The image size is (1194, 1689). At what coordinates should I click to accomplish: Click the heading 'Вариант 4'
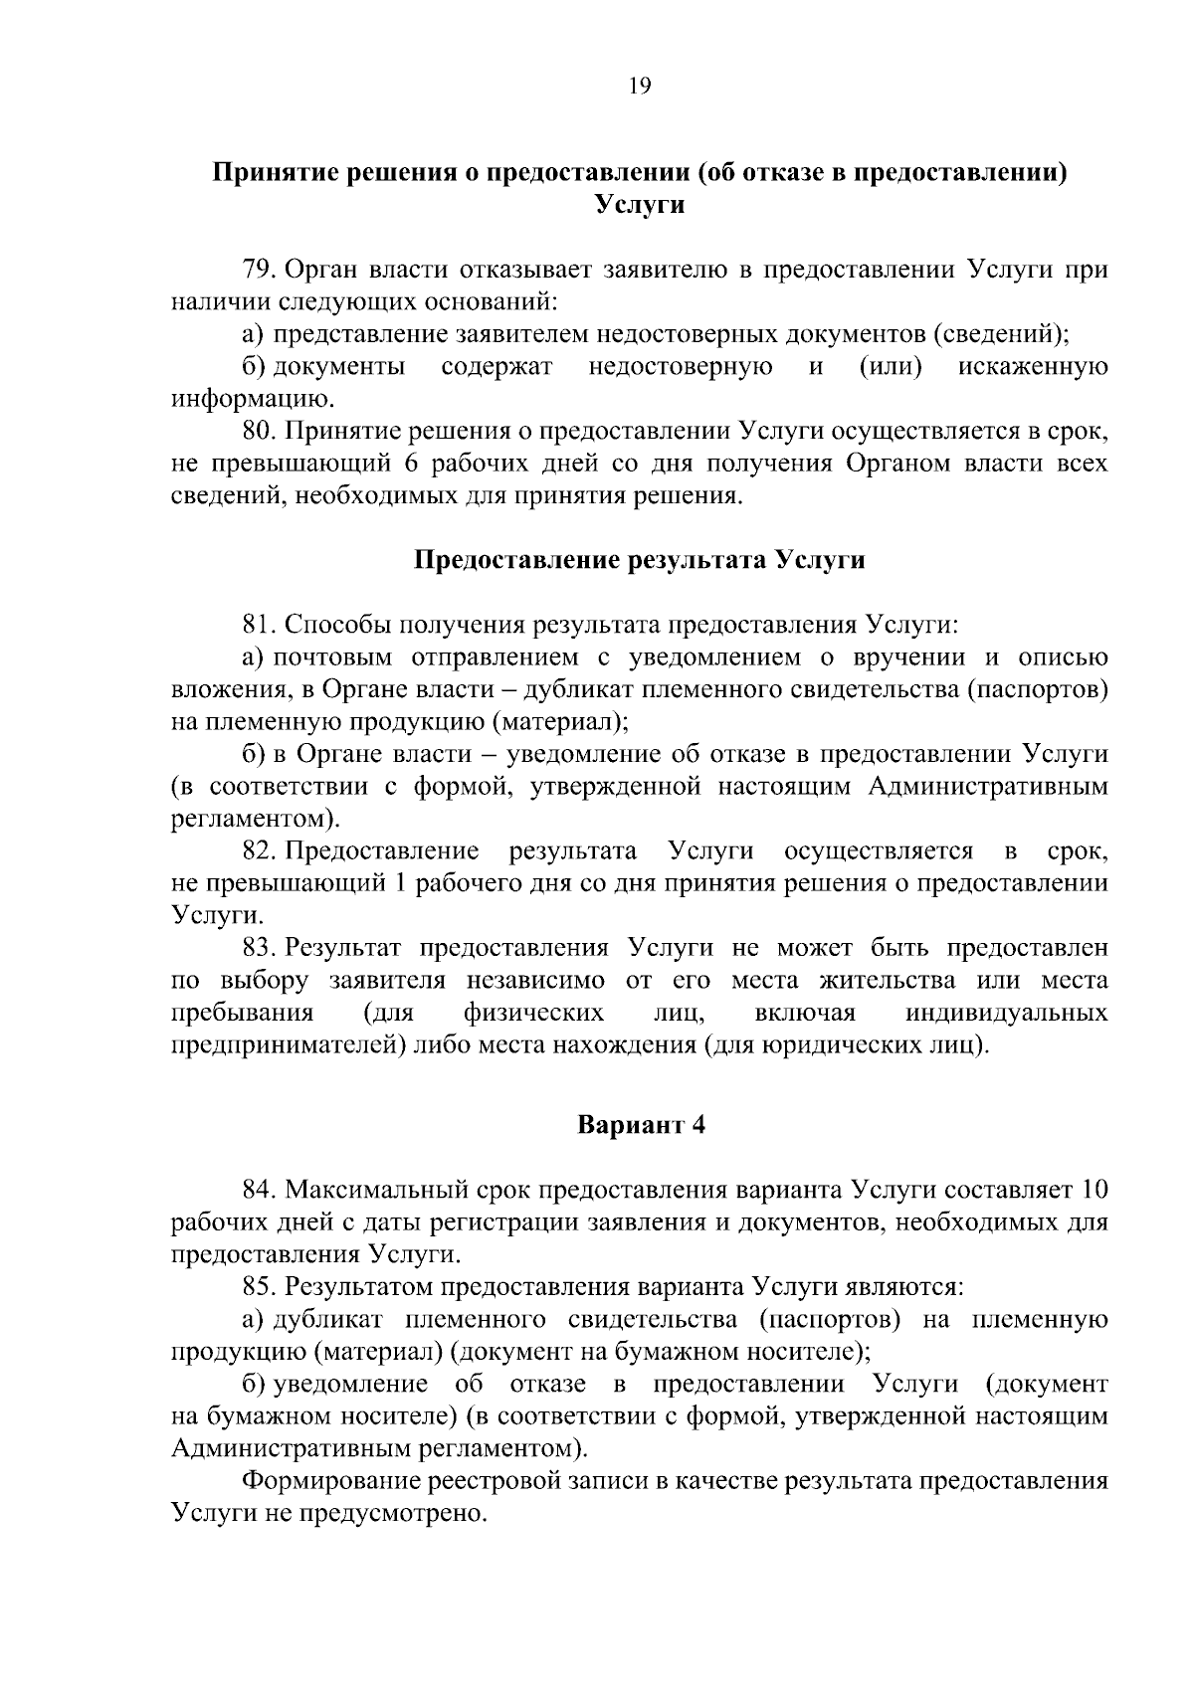641,1125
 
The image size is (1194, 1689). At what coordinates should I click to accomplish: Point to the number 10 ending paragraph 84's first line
1093,1190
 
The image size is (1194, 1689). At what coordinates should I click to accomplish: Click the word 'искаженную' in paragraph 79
1033,367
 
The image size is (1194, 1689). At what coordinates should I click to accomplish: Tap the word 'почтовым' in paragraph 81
330,657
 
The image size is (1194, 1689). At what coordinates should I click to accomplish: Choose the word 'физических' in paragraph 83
534,1014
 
